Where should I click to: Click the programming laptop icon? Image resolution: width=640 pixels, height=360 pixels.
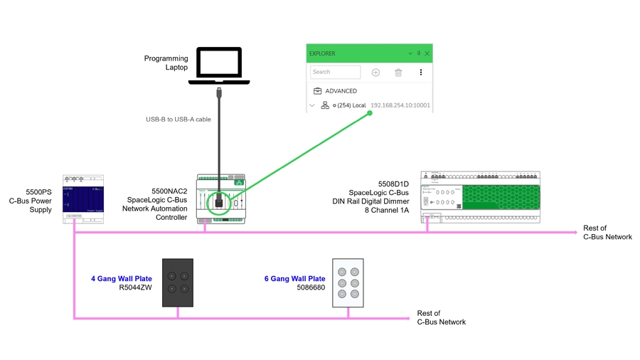point(219,66)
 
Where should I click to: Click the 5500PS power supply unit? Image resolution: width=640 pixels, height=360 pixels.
point(83,198)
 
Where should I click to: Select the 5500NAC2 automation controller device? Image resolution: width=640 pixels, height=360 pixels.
point(220,198)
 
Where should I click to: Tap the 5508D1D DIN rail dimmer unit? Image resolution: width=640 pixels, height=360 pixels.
point(480,196)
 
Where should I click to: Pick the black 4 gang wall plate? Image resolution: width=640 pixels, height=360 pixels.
point(178,282)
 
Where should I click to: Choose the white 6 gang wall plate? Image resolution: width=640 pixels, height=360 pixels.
point(348,282)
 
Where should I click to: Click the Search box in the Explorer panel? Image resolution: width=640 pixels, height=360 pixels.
point(335,72)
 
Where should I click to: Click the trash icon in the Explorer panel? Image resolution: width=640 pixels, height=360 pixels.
point(398,73)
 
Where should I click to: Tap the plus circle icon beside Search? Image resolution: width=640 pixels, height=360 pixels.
point(375,73)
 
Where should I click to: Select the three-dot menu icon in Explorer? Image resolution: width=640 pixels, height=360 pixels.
point(421,73)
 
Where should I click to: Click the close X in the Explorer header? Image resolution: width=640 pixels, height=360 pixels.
point(427,53)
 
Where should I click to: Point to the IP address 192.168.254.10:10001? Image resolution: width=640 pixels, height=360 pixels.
point(400,105)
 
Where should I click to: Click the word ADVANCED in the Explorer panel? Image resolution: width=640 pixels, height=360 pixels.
point(341,91)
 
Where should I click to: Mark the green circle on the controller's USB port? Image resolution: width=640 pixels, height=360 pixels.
point(219,202)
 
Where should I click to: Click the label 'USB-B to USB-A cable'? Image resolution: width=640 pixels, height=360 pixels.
point(178,120)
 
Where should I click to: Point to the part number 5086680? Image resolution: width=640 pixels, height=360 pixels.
point(311,288)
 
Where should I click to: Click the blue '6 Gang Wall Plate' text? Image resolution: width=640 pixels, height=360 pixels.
point(294,279)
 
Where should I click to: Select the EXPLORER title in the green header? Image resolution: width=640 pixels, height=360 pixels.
point(322,53)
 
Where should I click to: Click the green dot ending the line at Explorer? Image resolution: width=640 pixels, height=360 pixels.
point(370,112)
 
